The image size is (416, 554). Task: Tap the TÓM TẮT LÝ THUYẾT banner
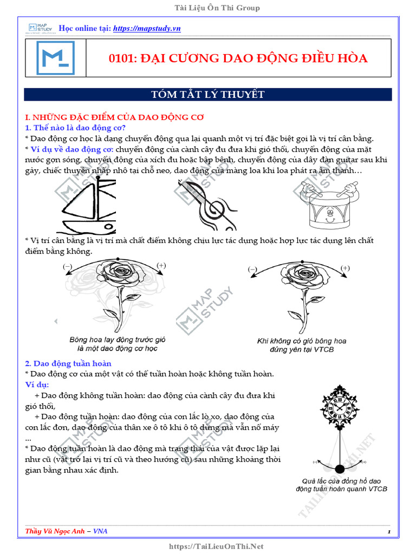208,95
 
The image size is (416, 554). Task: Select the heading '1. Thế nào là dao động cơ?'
75,128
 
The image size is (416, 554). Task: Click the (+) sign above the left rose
161,265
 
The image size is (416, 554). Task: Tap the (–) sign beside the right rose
252,269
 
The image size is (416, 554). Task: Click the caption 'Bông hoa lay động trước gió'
118,340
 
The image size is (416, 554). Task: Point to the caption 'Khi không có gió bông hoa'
302,341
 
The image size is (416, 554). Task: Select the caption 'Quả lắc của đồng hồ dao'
341,480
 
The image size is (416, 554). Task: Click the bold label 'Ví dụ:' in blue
37,385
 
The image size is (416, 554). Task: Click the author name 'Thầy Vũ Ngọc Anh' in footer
55,531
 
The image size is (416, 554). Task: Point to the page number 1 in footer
389,532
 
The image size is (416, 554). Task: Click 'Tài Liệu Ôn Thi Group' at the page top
208,8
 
